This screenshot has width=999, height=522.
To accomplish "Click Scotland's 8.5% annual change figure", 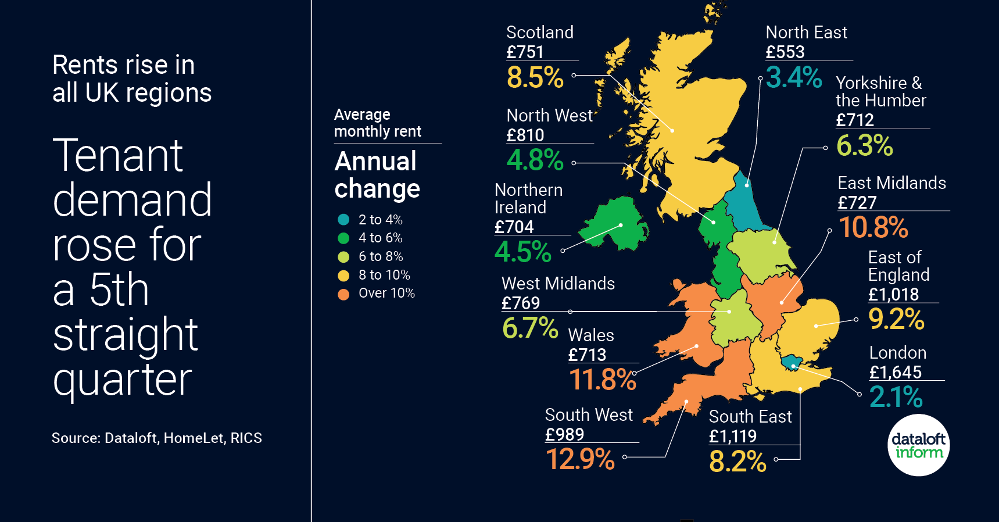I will (535, 77).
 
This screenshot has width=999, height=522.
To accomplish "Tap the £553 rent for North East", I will (785, 52).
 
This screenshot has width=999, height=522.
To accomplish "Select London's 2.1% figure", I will (896, 397).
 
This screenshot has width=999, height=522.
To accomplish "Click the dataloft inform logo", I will (918, 445).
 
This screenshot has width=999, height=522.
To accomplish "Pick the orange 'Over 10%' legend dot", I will (343, 294).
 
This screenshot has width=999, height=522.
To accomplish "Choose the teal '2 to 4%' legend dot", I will (343, 220).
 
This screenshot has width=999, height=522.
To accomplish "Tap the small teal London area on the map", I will (791, 362).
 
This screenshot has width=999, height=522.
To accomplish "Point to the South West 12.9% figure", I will (580, 459).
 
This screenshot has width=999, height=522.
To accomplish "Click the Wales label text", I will (590, 335).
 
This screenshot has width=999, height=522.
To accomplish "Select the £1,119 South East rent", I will (732, 436).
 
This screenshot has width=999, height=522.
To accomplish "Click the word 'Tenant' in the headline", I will (118, 156).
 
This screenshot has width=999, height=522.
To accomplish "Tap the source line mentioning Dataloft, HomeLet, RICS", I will (156, 438).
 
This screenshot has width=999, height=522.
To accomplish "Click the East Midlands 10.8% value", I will (872, 227).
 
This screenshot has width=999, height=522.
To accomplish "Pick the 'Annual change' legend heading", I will (377, 175).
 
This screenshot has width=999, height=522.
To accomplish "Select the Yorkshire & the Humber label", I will (880, 92).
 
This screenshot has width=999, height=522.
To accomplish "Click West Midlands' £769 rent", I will (520, 303).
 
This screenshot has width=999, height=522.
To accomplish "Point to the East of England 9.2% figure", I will (896, 319).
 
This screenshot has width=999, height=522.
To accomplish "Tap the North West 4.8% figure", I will (535, 160).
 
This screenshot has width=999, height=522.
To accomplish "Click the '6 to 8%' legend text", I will (380, 256).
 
